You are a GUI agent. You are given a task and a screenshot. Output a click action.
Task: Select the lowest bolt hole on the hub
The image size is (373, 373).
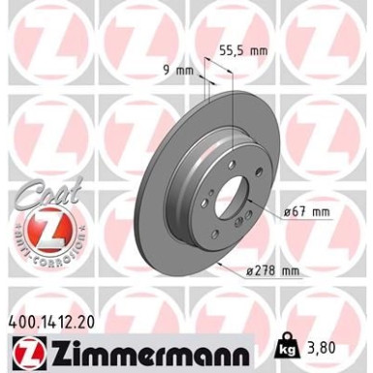point(216,234)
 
